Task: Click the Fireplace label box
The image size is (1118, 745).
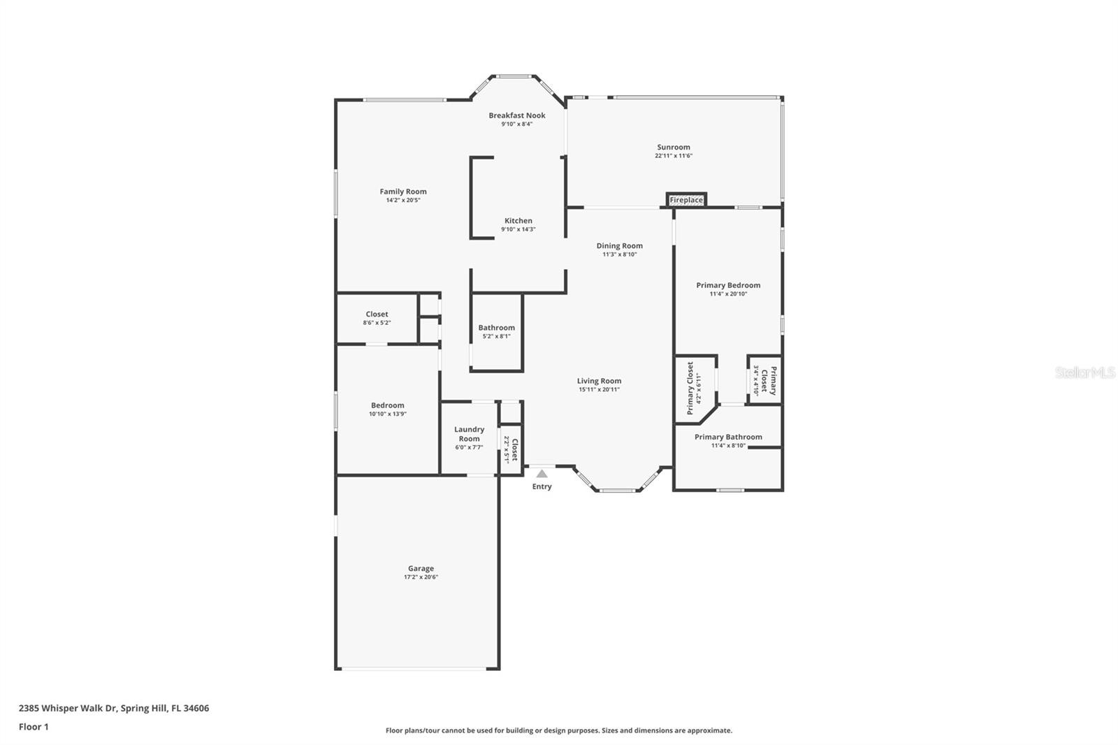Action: (686, 200)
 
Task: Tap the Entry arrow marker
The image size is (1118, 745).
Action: (542, 474)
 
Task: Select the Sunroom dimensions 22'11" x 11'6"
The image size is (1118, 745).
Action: (674, 156)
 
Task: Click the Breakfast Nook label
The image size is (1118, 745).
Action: (517, 115)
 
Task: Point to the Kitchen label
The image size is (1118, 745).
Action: (518, 221)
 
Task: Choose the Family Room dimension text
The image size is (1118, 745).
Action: (403, 200)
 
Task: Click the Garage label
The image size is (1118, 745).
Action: (421, 568)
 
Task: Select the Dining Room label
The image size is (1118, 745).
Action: (619, 245)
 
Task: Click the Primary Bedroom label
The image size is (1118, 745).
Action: (728, 285)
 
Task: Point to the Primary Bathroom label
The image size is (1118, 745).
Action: (728, 437)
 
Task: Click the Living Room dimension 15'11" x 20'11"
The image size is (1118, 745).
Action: (599, 389)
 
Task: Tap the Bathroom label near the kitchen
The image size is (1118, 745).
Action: (496, 327)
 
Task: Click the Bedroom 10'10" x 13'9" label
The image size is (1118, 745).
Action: (388, 405)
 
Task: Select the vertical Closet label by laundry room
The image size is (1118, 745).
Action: (515, 449)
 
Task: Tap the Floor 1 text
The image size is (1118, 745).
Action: (34, 727)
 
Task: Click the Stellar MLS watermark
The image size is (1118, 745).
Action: (1084, 372)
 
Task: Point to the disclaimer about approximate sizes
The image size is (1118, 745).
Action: (559, 730)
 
